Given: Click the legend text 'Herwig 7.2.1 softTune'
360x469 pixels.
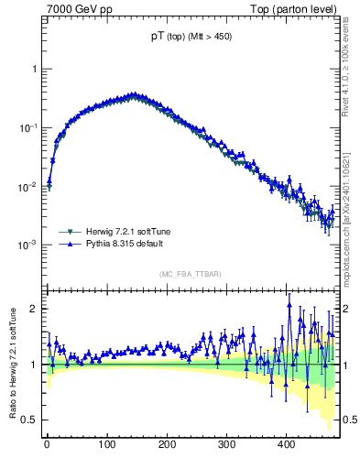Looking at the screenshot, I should pos(134,232).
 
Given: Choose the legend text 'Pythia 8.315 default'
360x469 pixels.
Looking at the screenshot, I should pos(130,245).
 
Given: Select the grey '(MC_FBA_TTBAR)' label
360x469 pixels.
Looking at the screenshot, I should pos(191,274).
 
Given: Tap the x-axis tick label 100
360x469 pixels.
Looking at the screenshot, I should pos(106,444).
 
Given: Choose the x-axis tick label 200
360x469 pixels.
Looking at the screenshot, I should pos(167,444).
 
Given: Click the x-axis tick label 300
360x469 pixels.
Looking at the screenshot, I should pos(226,444).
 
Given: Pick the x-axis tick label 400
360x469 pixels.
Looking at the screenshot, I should pos(286,444).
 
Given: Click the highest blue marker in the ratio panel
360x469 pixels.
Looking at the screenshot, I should pos(289,306).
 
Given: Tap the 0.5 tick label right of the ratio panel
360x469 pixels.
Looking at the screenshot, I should pos(349,420).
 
